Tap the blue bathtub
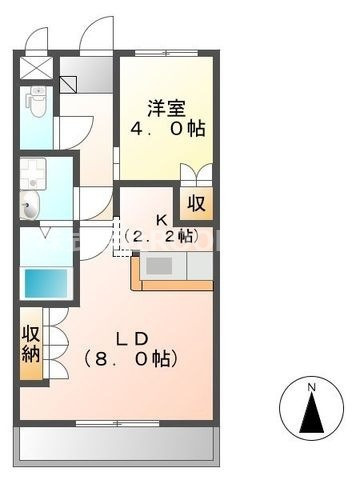[45, 282]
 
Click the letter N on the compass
[311, 387]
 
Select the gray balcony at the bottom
[116, 440]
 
